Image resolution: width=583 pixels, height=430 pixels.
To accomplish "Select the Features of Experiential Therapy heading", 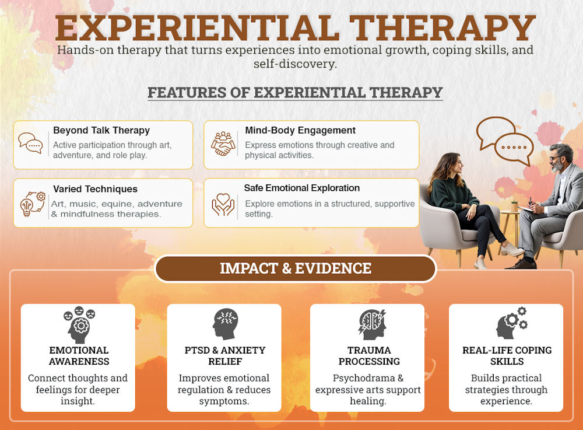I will click(295, 93).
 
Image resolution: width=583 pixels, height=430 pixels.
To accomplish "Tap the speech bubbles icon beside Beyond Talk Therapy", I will click(30, 144).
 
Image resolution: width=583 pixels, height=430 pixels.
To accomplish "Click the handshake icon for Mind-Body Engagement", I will click(223, 144).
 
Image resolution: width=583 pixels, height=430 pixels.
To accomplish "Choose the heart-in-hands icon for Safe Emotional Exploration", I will click(223, 202).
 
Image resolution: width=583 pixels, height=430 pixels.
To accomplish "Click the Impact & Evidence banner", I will click(295, 268).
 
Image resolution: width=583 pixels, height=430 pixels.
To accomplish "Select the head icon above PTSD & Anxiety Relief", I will click(225, 324).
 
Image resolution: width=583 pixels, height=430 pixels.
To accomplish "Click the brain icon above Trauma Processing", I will click(372, 324).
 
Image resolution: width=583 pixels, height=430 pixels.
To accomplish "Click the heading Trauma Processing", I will click(369, 355).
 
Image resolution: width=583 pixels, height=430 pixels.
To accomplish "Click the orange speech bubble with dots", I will click(513, 148).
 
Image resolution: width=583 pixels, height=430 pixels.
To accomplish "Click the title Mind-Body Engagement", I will click(300, 130).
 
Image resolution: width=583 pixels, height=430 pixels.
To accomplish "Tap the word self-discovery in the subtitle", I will click(295, 64).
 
